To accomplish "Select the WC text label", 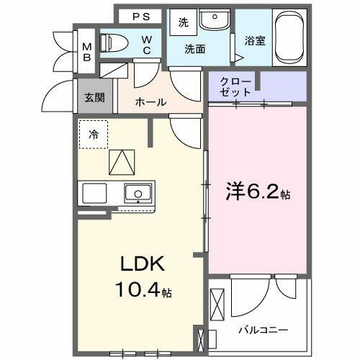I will pos(146,45).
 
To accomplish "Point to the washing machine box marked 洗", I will pos(184,22).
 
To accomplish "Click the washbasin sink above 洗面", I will pos(212,21).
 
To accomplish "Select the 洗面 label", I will pos(194,49).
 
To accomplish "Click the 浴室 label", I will pos(255,41).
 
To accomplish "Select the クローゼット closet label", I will pos(237,87).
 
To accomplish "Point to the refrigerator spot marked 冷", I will pos(94,134).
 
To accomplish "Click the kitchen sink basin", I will pos(137,193).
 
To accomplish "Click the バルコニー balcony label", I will pos(264,330).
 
